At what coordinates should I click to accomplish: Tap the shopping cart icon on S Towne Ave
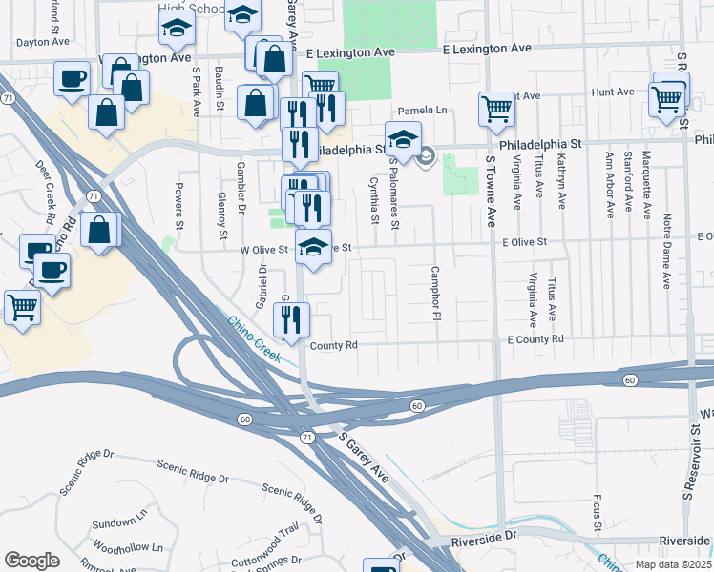click(x=497, y=110)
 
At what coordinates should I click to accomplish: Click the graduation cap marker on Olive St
click(x=313, y=248)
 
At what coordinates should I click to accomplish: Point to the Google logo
click(x=31, y=561)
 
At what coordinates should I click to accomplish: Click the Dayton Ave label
click(x=44, y=42)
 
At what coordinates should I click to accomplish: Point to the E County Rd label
click(x=535, y=339)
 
